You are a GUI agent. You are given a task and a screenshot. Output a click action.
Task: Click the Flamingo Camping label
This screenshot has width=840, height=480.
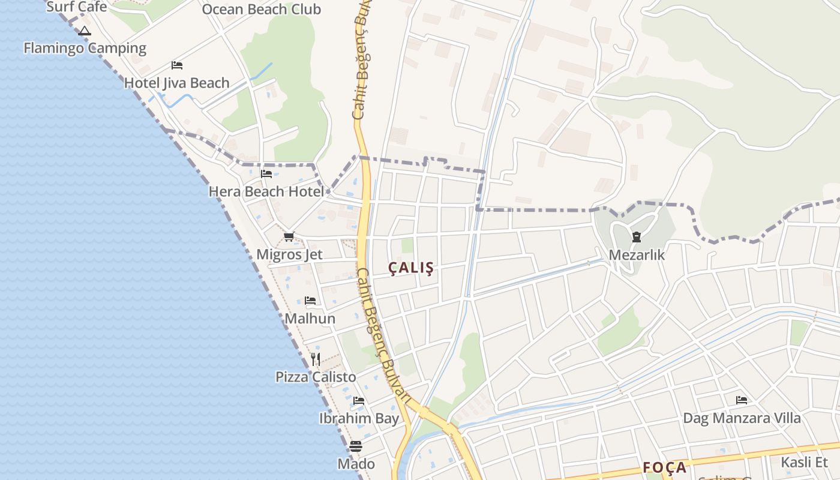point(85,48)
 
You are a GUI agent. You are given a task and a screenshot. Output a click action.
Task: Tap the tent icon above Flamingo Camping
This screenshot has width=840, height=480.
point(85,31)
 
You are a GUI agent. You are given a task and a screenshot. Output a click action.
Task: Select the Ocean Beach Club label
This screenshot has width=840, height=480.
point(261,10)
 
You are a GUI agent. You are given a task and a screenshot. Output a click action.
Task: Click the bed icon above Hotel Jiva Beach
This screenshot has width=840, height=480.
point(177,65)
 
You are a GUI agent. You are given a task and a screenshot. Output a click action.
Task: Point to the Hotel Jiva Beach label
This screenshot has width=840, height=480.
point(176,83)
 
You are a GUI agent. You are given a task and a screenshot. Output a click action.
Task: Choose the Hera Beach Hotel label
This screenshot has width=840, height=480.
point(266,191)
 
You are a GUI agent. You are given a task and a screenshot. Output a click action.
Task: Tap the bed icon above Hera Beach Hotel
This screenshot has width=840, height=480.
point(266,174)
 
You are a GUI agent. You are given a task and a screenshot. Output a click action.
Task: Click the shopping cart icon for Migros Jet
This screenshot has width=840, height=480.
point(289,236)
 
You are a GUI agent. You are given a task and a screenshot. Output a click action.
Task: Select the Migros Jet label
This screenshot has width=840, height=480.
point(289,254)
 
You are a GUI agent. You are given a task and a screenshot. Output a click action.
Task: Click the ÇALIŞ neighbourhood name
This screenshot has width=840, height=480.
point(411,268)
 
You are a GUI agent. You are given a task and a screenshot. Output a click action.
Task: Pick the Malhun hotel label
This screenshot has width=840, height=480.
point(310,319)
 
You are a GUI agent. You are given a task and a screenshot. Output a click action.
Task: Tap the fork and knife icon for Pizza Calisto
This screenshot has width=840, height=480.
point(316,359)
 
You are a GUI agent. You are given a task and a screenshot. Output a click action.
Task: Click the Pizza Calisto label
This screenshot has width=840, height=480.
point(316,377)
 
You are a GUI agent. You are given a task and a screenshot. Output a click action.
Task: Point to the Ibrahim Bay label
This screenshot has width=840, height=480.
point(359,418)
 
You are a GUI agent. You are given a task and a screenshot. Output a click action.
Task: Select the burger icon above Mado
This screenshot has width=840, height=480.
point(356,446)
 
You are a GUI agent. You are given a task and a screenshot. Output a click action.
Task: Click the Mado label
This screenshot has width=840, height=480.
point(356,464)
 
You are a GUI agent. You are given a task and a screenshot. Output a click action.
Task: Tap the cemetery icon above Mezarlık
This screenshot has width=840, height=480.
point(637,237)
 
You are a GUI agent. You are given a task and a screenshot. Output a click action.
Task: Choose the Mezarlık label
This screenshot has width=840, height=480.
point(637,255)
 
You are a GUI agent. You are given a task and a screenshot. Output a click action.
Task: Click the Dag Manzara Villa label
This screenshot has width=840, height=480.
point(742,418)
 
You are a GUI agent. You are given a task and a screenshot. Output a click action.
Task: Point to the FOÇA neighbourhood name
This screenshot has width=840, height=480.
point(664,467)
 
